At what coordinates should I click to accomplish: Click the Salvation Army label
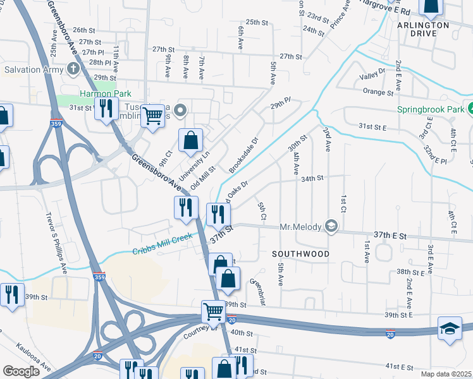(31, 68)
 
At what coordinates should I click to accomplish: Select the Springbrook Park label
(429, 109)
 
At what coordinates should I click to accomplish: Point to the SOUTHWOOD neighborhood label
(300, 253)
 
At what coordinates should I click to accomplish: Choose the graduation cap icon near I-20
(450, 328)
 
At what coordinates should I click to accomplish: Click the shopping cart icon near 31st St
(152, 116)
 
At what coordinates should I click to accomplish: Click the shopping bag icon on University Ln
(190, 140)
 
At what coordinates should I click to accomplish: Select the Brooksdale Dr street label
(244, 156)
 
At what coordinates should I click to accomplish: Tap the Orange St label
(378, 92)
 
